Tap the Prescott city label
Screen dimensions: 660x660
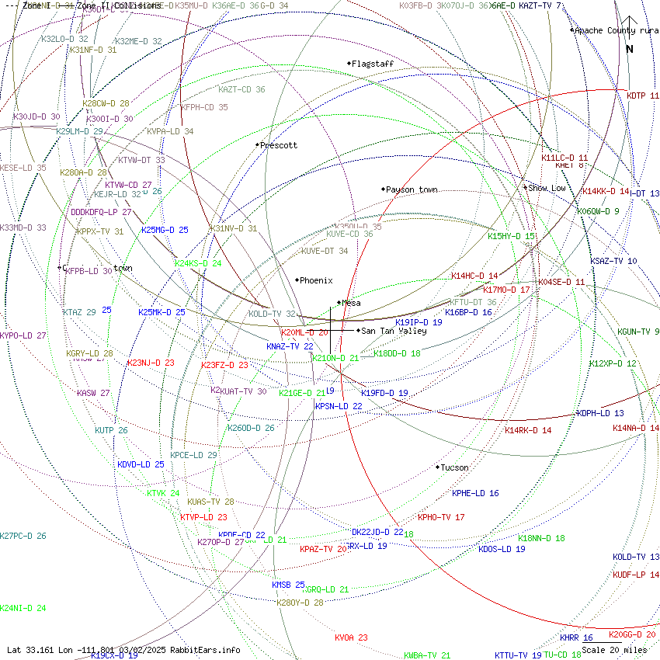[279, 145]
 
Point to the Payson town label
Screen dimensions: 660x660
[412, 189]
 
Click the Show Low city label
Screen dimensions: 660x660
[547, 188]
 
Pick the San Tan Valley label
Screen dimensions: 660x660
[394, 331]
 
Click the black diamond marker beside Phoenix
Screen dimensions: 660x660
[297, 280]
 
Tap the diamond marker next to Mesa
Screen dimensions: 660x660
[339, 303]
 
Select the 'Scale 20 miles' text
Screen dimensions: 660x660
[614, 650]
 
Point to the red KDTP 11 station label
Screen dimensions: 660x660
[643, 96]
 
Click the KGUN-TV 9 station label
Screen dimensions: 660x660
[638, 332]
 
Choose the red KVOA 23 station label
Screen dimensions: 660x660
[351, 637]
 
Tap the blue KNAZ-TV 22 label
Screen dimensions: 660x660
[290, 346]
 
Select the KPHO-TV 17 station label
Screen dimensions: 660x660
[441, 517]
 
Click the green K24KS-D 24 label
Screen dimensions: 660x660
[198, 263]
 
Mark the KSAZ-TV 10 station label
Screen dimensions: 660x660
[613, 261]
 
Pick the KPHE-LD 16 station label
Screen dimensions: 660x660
[475, 493]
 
